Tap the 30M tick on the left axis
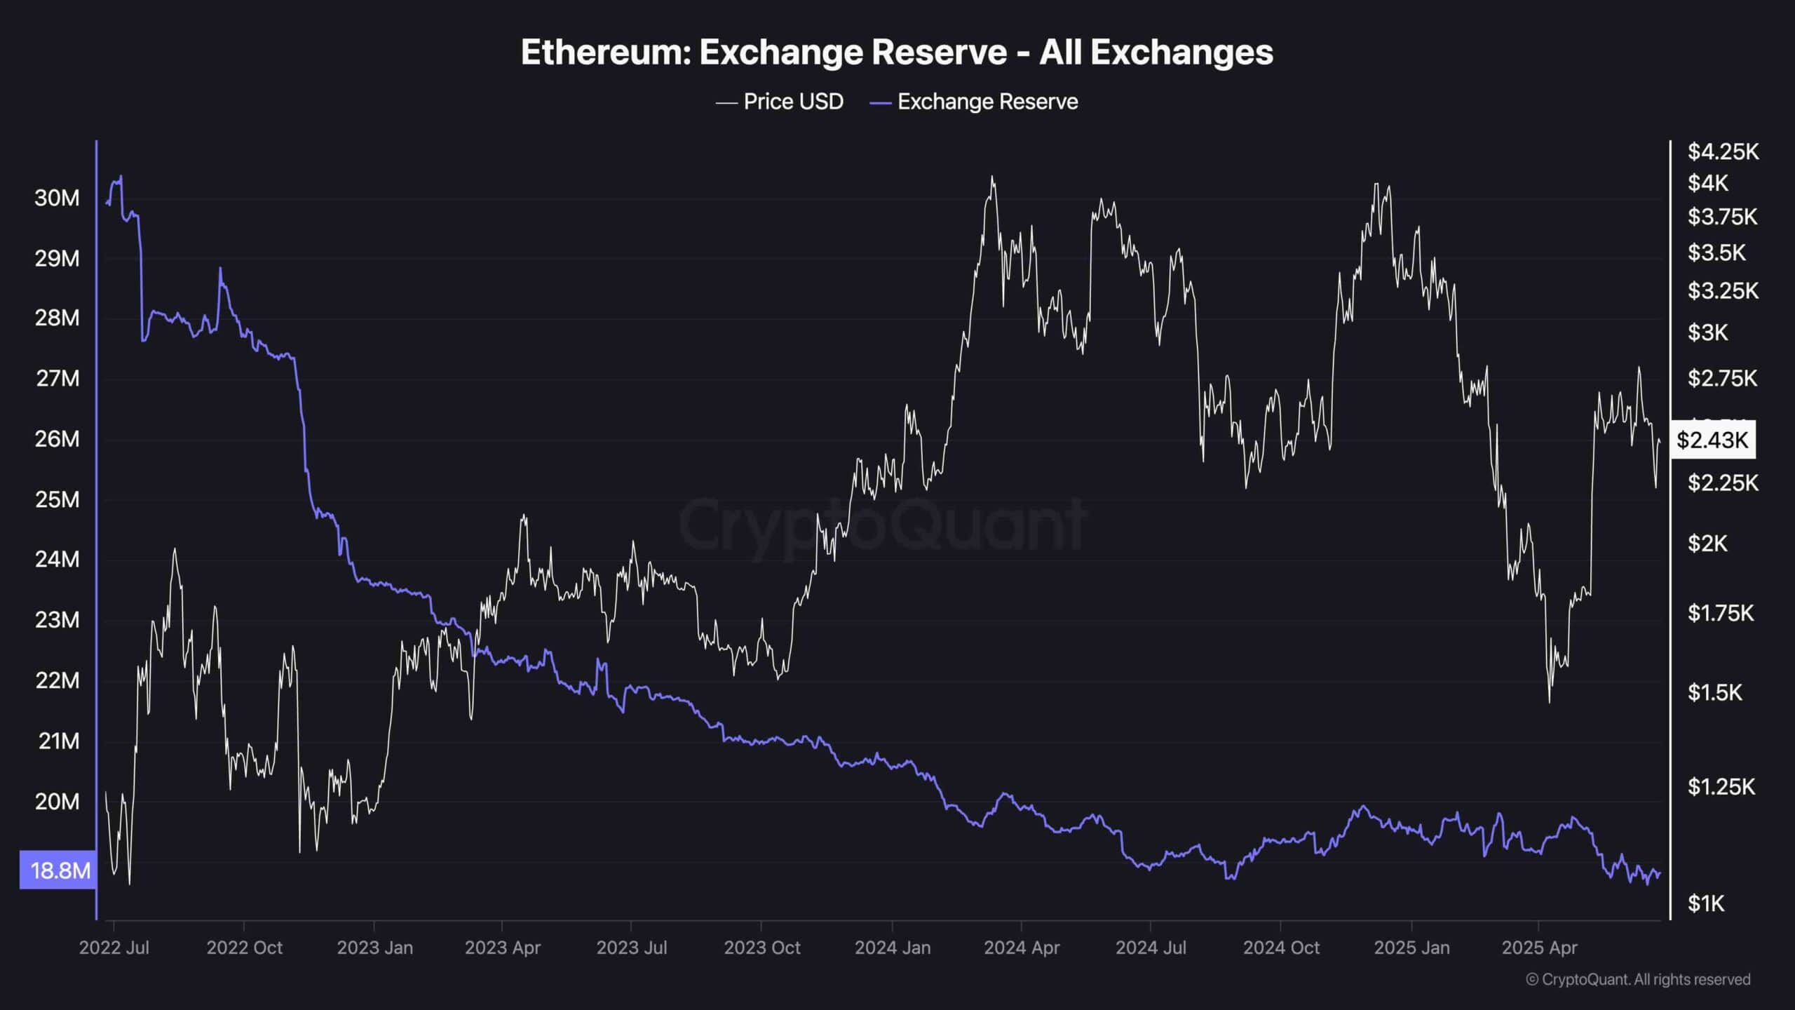tap(57, 198)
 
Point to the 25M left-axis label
tap(57, 499)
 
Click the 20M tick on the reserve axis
tap(57, 801)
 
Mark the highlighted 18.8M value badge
tap(59, 870)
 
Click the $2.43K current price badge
tap(1712, 440)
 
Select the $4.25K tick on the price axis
tap(1723, 151)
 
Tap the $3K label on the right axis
tap(1707, 332)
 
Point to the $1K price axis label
tap(1705, 903)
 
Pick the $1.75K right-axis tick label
tap(1721, 613)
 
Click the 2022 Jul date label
tap(114, 948)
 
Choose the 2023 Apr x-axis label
tap(502, 948)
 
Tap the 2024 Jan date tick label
tap(892, 948)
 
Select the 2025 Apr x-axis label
tap(1539, 948)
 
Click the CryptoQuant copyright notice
tap(1638, 979)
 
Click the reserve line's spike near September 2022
tap(220, 268)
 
